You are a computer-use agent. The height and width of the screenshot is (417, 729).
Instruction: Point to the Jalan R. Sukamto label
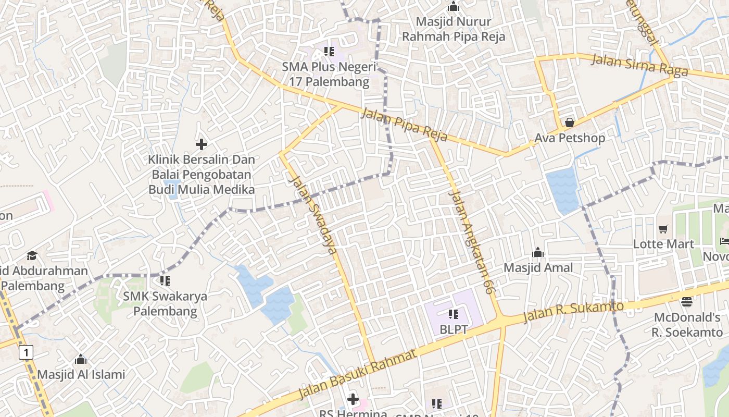coord(573,311)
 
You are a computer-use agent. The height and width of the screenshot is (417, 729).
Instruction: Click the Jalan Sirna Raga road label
coord(640,65)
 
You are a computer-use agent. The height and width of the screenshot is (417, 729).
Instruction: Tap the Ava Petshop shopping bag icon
coord(570,122)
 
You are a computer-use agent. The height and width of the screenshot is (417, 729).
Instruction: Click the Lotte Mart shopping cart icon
coord(663,229)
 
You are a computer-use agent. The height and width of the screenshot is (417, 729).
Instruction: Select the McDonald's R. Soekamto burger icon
coord(687,302)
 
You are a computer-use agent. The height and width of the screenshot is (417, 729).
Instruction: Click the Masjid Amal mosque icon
coord(538,253)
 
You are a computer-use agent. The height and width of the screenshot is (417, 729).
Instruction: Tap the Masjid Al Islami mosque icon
coord(81,359)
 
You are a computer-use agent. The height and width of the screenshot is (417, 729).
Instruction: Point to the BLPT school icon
coord(453,314)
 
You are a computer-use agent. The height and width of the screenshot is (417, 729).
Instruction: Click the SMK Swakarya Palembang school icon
coord(165,281)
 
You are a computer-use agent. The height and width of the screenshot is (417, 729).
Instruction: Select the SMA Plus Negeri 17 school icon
coord(329,51)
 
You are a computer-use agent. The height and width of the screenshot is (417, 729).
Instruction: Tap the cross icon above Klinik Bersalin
coord(202,144)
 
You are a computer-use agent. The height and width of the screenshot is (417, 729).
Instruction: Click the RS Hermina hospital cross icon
coord(353,400)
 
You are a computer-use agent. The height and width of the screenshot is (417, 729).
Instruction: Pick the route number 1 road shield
coord(26,353)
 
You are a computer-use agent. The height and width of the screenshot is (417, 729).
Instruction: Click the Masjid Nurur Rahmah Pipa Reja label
coord(454,29)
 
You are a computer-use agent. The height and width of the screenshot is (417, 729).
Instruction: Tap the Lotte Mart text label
coord(663,244)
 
